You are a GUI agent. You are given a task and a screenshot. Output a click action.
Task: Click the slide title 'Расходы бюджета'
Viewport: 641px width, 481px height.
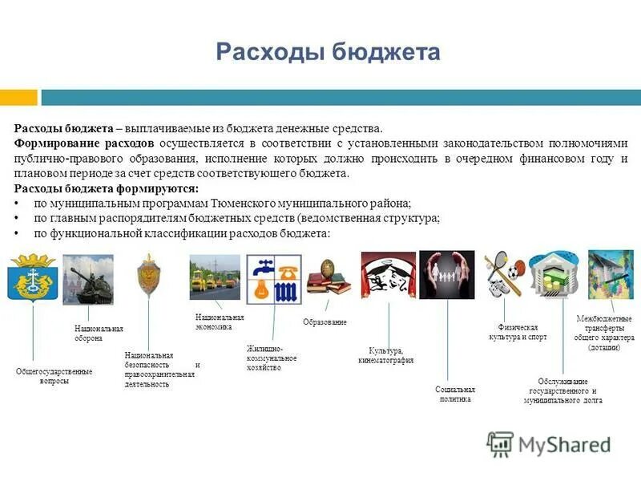329,52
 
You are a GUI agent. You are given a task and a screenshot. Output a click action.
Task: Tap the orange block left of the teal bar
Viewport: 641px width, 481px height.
18,97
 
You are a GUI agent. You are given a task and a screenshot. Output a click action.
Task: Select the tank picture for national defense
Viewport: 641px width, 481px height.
87,280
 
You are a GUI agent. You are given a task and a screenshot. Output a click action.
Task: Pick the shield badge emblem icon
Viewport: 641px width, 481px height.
148,276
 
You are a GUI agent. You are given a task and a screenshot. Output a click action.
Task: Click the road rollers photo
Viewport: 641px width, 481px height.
214,277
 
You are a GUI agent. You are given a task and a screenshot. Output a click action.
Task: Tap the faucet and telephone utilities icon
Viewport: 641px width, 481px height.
272,280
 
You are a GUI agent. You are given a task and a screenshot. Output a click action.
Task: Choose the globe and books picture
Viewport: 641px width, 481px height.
329,276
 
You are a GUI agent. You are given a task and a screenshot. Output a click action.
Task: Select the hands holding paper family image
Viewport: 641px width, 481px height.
446,275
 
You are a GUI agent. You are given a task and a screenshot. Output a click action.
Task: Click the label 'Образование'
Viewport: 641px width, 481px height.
325,321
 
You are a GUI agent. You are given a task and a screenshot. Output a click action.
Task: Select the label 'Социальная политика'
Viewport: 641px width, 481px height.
455,394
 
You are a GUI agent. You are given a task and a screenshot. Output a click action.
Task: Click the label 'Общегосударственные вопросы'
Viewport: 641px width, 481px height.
54,376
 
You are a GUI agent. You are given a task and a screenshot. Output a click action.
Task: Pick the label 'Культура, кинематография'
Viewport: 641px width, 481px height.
391,355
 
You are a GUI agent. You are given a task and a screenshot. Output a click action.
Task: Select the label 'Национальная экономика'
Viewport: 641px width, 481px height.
219,322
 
